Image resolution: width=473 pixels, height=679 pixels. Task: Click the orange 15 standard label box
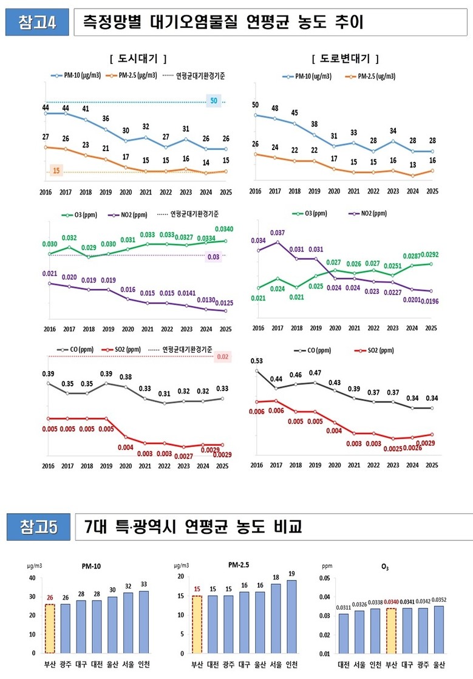coord(56,171)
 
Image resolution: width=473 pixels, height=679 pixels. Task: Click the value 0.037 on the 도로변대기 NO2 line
coord(277,233)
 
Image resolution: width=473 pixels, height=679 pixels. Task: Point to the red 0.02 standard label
coord(222,357)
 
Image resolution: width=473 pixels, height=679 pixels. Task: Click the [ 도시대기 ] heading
coord(138,58)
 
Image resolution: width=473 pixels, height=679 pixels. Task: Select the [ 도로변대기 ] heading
coord(344,58)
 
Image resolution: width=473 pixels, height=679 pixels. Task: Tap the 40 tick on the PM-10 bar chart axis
coord(32,578)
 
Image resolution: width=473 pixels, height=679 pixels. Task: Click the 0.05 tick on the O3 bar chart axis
coord(325,578)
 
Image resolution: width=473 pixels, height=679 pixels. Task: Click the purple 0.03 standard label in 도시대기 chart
coord(214,256)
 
